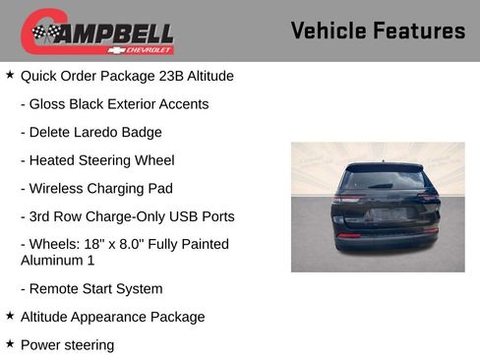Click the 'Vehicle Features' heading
[x=378, y=31]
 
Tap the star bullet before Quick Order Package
[x=10, y=75]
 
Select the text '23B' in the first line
[x=169, y=76]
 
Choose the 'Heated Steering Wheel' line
[x=101, y=160]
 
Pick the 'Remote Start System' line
[x=95, y=289]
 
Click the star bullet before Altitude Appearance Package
[x=10, y=316]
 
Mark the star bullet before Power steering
[x=10, y=344]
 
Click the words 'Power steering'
[x=67, y=345]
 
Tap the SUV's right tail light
[x=429, y=200]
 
